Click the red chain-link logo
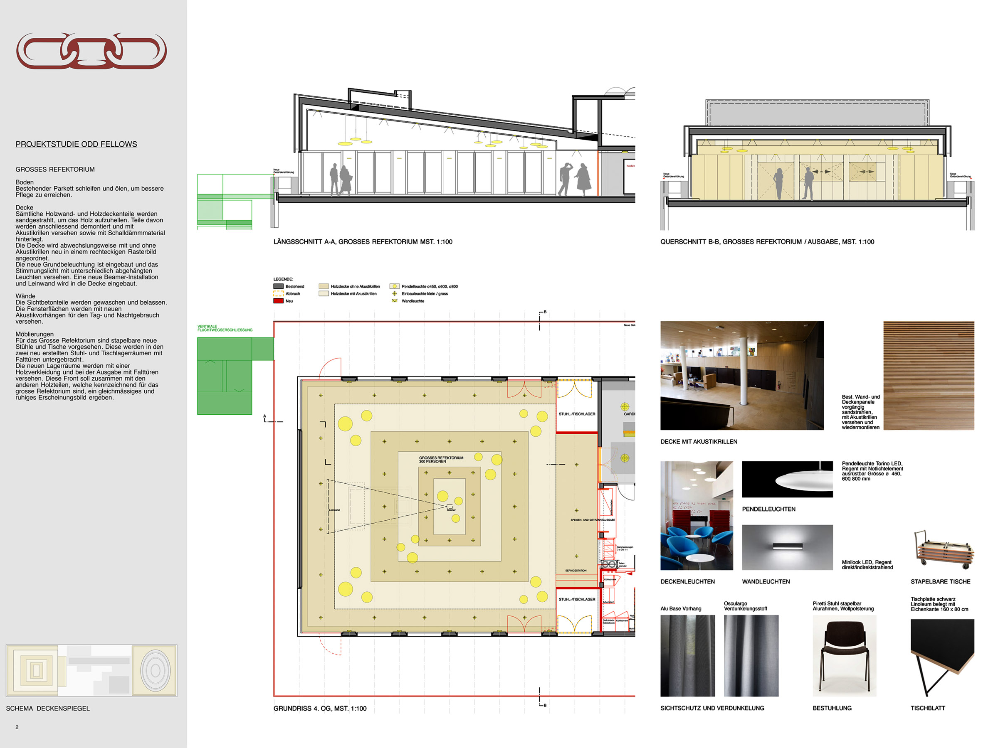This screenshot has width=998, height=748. [91, 51]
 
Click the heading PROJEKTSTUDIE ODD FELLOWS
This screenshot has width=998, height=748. [76, 144]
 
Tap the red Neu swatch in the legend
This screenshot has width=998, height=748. [278, 301]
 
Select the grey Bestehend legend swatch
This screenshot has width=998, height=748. [278, 286]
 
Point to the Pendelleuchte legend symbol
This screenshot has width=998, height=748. [394, 286]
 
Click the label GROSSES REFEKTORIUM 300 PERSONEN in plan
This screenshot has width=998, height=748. [441, 460]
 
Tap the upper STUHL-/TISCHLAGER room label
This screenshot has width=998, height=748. [577, 414]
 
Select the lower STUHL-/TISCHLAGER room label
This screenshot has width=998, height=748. [577, 599]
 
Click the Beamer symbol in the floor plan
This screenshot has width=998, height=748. [450, 507]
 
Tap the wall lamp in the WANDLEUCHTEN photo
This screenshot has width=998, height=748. [787, 546]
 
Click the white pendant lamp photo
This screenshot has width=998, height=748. [787, 479]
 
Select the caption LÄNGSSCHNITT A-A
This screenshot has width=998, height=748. [362, 242]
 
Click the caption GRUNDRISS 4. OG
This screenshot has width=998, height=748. [319, 709]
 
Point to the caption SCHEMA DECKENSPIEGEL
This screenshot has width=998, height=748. [48, 709]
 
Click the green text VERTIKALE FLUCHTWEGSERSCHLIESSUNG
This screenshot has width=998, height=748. [225, 328]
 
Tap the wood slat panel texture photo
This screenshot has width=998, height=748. [929, 375]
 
